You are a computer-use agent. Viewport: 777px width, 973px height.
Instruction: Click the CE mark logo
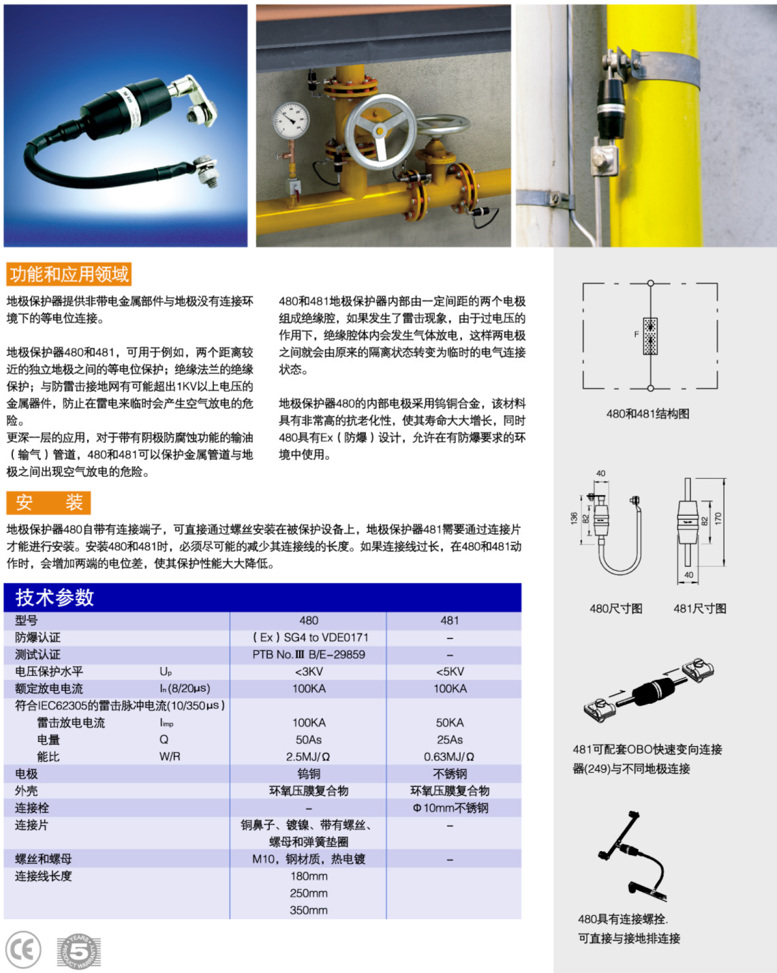[23, 950]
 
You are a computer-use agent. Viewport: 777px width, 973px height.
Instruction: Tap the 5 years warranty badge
[78, 952]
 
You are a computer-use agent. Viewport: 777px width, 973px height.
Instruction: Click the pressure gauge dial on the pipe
[291, 121]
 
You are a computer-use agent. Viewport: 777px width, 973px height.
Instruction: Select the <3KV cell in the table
[309, 671]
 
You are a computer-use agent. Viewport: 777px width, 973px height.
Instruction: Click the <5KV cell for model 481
[450, 671]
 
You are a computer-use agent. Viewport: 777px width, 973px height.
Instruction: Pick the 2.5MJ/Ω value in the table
[309, 756]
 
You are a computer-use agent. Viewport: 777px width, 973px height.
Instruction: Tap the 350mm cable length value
[309, 910]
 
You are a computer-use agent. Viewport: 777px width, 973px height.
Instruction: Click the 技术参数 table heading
[55, 597]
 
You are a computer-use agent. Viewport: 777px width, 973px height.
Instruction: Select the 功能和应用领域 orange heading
[69, 274]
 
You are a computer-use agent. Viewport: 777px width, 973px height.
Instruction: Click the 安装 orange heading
[49, 503]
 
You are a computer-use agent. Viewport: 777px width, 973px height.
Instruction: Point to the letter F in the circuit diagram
[636, 335]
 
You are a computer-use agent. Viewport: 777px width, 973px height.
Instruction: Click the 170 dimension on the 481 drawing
[718, 519]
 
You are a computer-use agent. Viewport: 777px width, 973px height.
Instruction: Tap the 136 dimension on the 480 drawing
[574, 518]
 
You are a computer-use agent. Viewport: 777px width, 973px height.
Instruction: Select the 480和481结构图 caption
[647, 414]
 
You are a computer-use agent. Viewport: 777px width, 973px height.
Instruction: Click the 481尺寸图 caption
[700, 608]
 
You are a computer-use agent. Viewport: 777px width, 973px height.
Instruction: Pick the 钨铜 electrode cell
[309, 774]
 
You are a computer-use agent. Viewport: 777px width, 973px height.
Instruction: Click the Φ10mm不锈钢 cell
[450, 808]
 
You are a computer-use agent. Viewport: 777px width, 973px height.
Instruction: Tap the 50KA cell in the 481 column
[450, 723]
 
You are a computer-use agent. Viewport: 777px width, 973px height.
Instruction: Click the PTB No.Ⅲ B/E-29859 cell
[309, 655]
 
